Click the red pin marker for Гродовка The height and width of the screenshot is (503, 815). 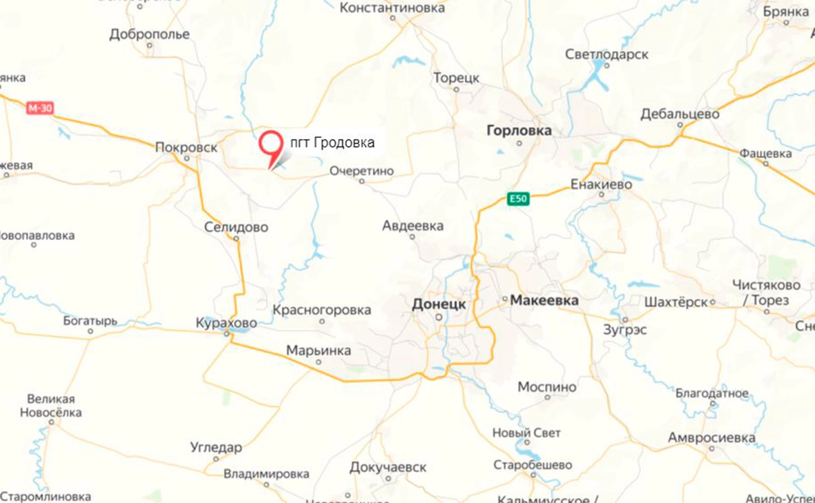click(x=270, y=144)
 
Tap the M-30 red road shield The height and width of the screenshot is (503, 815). click(x=40, y=108)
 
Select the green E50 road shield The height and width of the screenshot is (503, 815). click(x=518, y=199)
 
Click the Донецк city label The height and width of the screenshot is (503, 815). click(x=439, y=304)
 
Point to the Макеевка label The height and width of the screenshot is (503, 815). click(x=544, y=301)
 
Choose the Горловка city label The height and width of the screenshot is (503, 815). click(x=519, y=130)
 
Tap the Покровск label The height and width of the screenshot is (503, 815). click(x=186, y=147)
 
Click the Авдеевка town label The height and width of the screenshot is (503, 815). click(x=413, y=226)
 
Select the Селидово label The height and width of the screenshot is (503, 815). click(x=236, y=227)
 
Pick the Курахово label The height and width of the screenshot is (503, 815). click(x=227, y=323)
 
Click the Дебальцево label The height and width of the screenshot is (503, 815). click(x=680, y=114)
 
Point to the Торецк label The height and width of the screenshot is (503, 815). click(x=456, y=78)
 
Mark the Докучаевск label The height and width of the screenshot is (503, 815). click(x=388, y=468)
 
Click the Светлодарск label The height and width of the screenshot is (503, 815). click(x=606, y=54)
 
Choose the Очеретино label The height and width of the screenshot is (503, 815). click(x=361, y=170)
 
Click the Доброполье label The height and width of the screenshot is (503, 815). click(x=149, y=34)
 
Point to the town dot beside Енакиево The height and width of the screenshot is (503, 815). click(x=601, y=195)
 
